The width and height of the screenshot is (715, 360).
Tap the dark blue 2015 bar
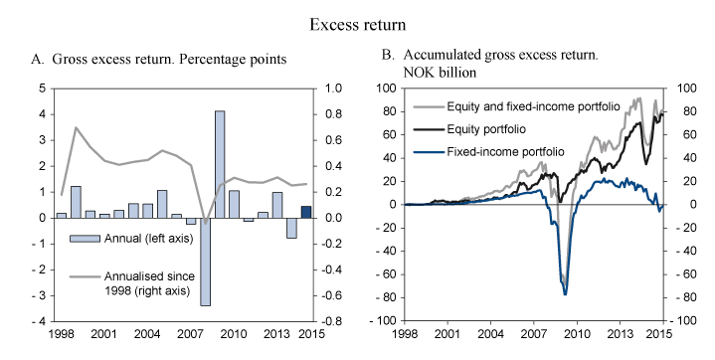pyautogui.click(x=306, y=212)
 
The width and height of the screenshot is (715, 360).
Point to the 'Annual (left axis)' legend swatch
pyautogui.click(x=85, y=238)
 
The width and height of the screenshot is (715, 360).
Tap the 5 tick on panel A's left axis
pyautogui.click(x=40, y=88)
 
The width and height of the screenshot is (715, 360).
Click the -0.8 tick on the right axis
pyautogui.click(x=332, y=321)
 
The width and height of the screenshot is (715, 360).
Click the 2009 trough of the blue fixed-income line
pyautogui.click(x=565, y=294)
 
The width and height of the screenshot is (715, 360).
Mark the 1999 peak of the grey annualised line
pyautogui.click(x=76, y=127)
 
